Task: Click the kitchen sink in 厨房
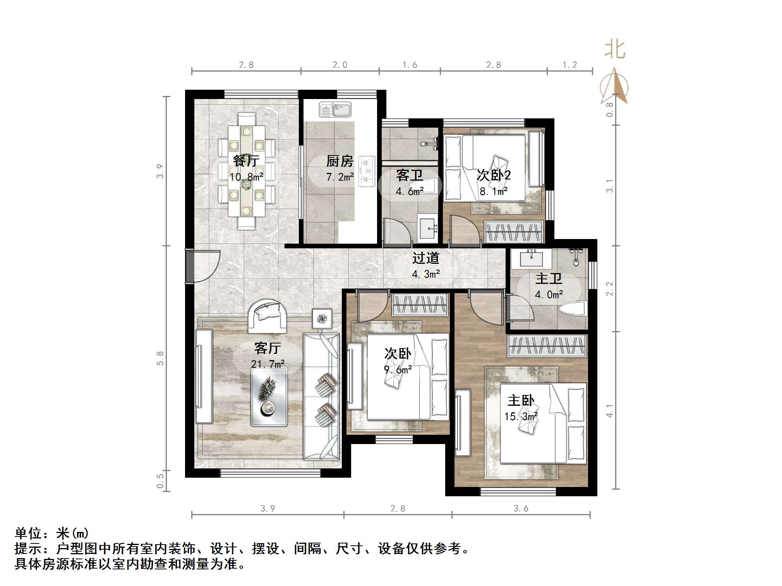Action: pyautogui.click(x=335, y=110)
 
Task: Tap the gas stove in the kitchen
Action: pyautogui.click(x=367, y=171)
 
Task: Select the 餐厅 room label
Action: pyautogui.click(x=246, y=161)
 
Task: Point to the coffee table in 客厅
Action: pyautogui.click(x=269, y=397)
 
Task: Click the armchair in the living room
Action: pyautogui.click(x=267, y=316)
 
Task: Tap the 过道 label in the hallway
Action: pyautogui.click(x=425, y=258)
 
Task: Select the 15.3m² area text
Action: pyautogui.click(x=521, y=416)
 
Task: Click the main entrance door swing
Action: pyautogui.click(x=203, y=267)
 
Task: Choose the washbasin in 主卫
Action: pyautogui.click(x=531, y=258)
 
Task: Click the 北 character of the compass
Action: pyautogui.click(x=614, y=50)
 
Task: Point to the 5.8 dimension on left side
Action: pyautogui.click(x=160, y=358)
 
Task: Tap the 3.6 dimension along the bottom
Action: pyautogui.click(x=521, y=508)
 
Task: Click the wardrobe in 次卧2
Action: pyautogui.click(x=514, y=232)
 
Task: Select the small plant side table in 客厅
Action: pyautogui.click(x=322, y=319)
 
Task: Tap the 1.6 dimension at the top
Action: pyautogui.click(x=410, y=65)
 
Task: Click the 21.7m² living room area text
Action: pyautogui.click(x=268, y=364)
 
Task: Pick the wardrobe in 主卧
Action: pyautogui.click(x=547, y=345)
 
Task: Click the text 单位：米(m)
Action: pyautogui.click(x=52, y=533)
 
